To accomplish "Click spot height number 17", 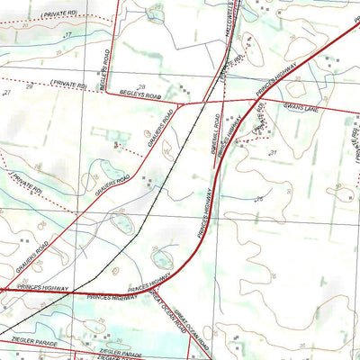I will (68, 34).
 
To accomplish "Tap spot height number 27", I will (6, 93).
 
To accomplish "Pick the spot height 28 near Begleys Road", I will (141, 85).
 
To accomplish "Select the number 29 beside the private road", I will (29, 85).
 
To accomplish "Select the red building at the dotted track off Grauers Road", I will (116, 143).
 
